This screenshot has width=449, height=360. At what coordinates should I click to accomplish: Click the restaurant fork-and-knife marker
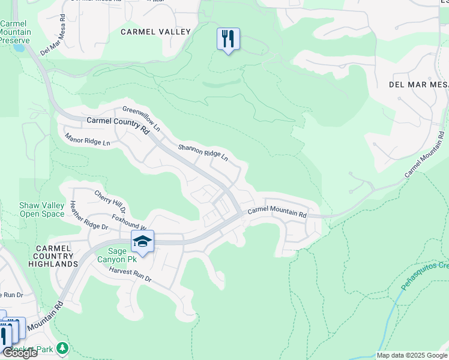click(x=228, y=40)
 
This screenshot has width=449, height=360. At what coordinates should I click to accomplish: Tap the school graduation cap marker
click(x=142, y=242)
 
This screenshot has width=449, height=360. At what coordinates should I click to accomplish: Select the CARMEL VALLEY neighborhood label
click(x=155, y=32)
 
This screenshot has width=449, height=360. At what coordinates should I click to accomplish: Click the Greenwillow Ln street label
click(x=142, y=119)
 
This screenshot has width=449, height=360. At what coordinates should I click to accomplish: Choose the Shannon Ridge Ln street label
click(x=203, y=152)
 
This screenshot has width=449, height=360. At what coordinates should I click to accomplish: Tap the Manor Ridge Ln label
click(x=88, y=140)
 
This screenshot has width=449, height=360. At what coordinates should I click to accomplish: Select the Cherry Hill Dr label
click(x=110, y=202)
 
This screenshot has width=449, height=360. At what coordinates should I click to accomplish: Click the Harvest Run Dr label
click(x=130, y=275)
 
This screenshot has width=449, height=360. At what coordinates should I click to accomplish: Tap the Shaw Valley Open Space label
click(x=41, y=209)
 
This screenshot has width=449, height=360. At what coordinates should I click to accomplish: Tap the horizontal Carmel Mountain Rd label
click(x=277, y=212)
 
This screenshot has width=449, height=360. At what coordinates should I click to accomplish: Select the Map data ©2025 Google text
click(x=411, y=355)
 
